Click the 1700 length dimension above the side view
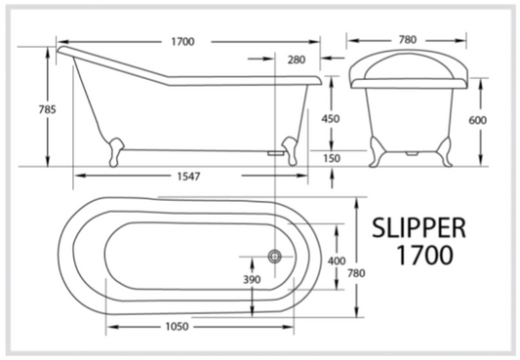(x=181, y=41)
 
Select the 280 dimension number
(x=297, y=60)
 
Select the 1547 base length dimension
(x=189, y=177)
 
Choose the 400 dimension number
(x=337, y=260)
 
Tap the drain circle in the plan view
(x=275, y=256)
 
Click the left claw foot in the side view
(x=116, y=147)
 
